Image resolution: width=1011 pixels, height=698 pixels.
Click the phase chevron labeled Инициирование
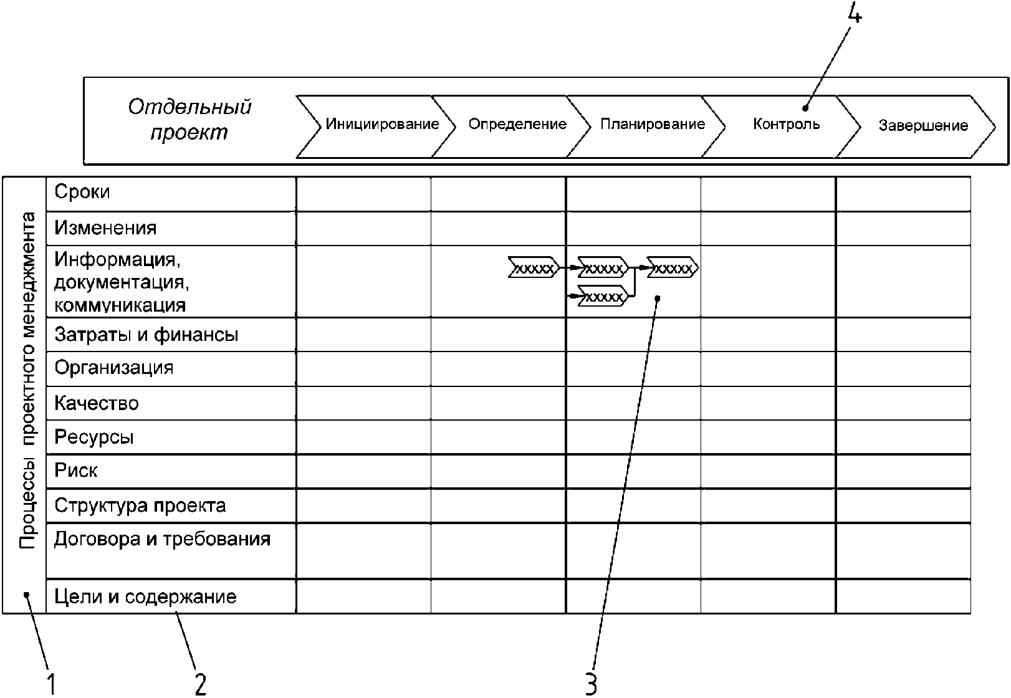[x=375, y=127]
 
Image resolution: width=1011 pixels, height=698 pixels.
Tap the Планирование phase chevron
[x=646, y=127]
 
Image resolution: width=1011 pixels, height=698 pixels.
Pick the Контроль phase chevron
[x=781, y=127]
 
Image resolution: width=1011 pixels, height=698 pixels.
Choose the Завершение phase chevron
[x=916, y=127]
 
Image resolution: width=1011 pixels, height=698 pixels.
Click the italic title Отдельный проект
[x=189, y=120]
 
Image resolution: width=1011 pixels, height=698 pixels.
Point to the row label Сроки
[x=82, y=192]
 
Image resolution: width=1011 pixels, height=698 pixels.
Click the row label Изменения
[x=105, y=228]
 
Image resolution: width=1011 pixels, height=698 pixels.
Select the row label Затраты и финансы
[x=146, y=335]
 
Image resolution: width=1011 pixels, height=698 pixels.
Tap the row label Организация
[x=113, y=368]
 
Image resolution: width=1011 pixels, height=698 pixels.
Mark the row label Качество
[x=97, y=403]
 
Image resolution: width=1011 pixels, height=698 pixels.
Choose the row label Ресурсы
[x=94, y=437]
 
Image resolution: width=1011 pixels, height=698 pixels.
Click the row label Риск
[x=76, y=471]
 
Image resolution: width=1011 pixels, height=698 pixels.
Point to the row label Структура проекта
[x=140, y=506]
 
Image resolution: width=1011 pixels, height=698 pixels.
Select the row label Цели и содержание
[x=145, y=596]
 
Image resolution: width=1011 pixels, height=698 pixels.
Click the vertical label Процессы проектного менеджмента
[x=27, y=380]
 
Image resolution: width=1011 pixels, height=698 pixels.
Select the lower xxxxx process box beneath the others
[x=603, y=297]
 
